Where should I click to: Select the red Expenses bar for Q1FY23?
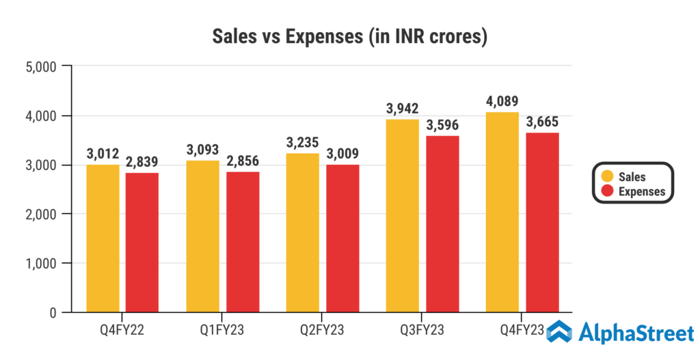coord(243,242)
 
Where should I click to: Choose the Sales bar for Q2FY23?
coord(303,232)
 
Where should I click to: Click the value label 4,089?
coord(502,100)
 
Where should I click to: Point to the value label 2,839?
coord(143,162)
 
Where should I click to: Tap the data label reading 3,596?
coord(443,125)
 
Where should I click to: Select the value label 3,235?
coord(303,142)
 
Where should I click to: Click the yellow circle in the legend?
coord(606,177)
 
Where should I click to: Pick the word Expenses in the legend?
coord(642,192)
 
